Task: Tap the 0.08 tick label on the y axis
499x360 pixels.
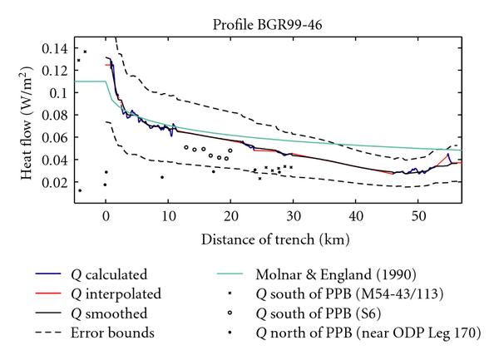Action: [60, 115]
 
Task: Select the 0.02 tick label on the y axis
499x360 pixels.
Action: [60, 182]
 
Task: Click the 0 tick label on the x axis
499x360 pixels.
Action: [106, 216]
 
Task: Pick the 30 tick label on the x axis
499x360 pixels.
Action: [294, 216]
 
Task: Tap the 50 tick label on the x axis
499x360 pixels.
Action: [419, 216]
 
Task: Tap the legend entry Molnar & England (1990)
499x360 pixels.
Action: [331, 274]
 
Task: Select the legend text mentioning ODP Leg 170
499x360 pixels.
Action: [370, 334]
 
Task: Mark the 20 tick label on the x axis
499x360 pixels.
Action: [231, 216]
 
